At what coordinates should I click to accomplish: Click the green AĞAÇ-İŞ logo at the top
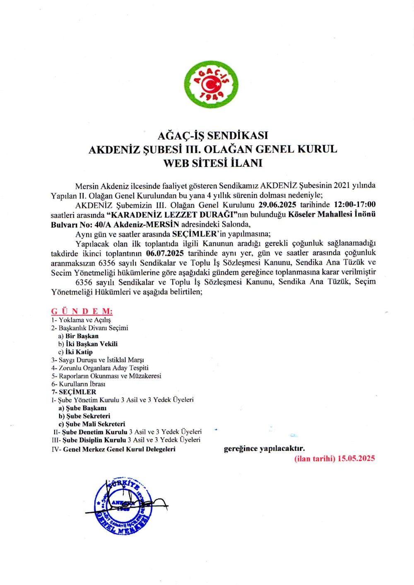point(211,84)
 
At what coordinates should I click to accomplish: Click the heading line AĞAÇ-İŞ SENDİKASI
point(213,135)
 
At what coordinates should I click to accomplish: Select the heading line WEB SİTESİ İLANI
point(213,163)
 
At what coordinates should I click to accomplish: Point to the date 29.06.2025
point(277,205)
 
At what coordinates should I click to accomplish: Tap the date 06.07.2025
point(165,253)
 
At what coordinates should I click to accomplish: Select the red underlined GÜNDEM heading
point(82,311)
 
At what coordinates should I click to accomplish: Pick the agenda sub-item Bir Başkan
point(82,336)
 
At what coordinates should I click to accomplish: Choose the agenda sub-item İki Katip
point(79,352)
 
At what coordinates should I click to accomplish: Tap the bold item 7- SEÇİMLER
point(74,392)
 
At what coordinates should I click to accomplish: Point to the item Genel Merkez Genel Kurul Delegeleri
point(119,449)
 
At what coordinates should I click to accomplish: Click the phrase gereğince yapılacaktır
point(264,448)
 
